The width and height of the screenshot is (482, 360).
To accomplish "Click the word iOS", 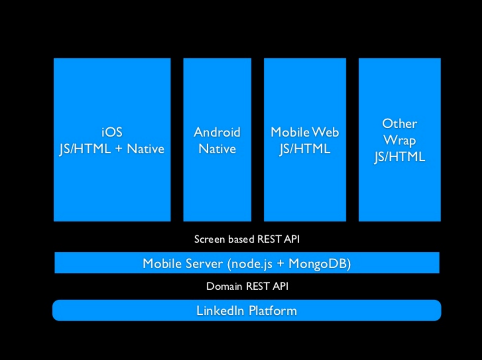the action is [x=112, y=132].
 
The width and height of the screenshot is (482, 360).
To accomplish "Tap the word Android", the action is [x=217, y=132].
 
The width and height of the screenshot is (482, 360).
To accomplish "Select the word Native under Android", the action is [x=217, y=149].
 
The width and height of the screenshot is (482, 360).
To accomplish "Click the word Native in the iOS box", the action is [x=145, y=149].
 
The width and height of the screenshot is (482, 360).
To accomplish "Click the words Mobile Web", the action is [x=305, y=132].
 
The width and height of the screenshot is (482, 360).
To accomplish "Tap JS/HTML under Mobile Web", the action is [x=305, y=149].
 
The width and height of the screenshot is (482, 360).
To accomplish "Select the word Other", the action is [x=399, y=124].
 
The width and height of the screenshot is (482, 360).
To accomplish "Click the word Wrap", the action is [x=399, y=140].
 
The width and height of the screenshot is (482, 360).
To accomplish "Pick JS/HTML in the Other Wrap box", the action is [x=399, y=157].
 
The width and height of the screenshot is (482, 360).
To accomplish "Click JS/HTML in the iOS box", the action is [x=85, y=149].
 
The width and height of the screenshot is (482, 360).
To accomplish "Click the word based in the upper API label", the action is [x=241, y=239].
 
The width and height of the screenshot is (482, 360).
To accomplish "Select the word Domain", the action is [x=224, y=286].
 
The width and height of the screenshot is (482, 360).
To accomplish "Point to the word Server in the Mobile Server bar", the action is [x=204, y=263].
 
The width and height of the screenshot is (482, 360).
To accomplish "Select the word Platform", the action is [x=273, y=310].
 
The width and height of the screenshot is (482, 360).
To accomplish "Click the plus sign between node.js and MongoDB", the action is [x=281, y=264].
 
